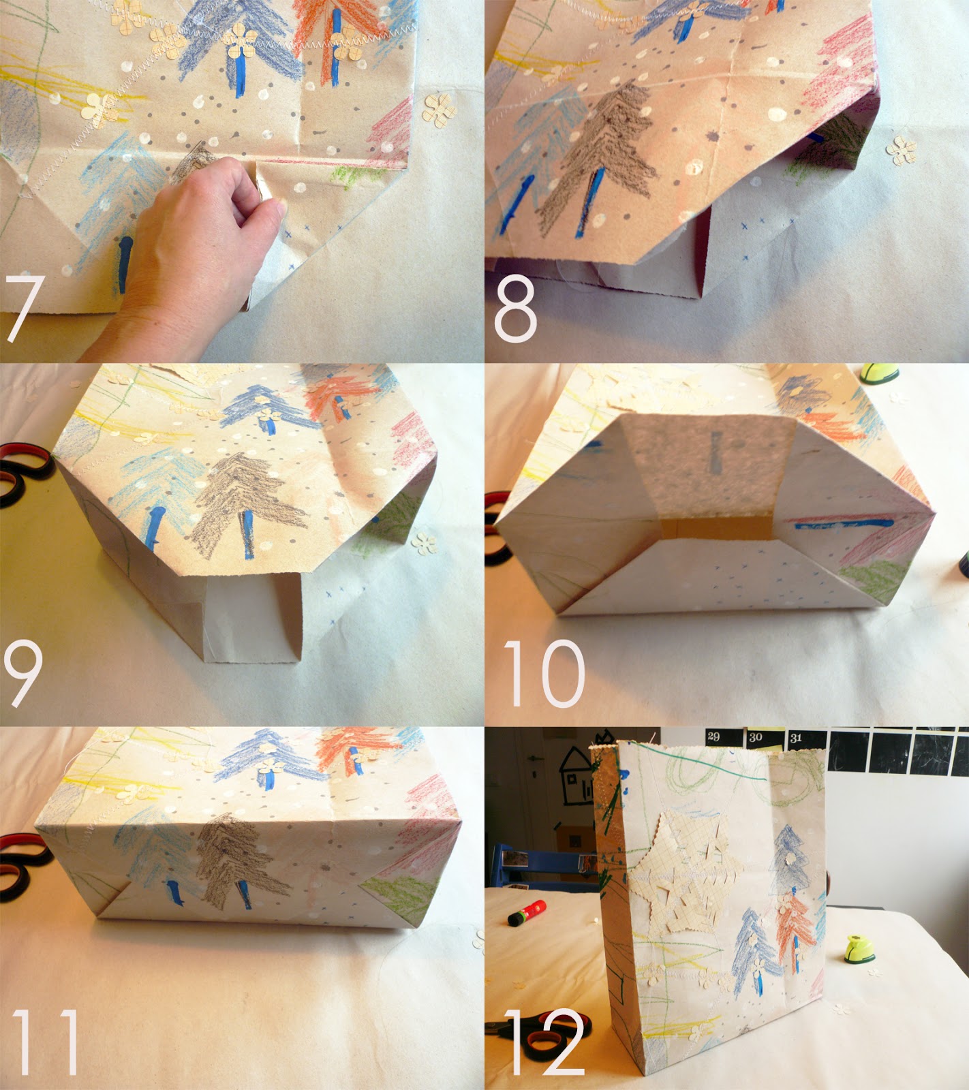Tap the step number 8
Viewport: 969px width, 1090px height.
(x=516, y=309)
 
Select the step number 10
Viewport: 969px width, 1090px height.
(x=544, y=673)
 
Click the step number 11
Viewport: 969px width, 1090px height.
(x=45, y=1042)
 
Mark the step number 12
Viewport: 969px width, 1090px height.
(x=545, y=1042)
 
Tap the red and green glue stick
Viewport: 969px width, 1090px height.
(x=527, y=912)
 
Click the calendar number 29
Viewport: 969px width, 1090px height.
(x=713, y=736)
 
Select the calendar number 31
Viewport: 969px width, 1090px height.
(x=796, y=738)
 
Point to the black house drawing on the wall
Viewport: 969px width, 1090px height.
(x=576, y=776)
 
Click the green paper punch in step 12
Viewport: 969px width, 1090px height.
(x=861, y=949)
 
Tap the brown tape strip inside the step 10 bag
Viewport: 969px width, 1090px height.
(x=716, y=529)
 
